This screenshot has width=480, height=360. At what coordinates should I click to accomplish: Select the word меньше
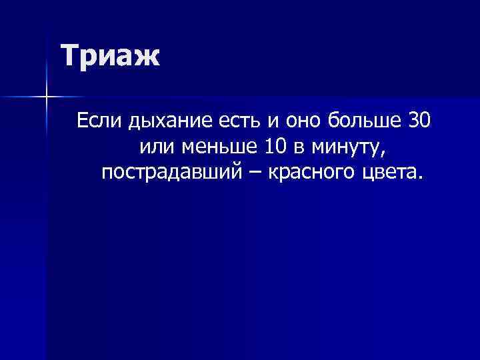pos(213,147)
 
